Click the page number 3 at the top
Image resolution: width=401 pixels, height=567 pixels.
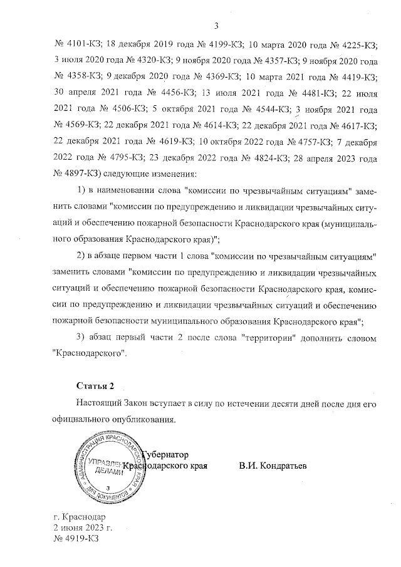point(216,26)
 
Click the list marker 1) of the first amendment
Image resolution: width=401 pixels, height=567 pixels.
point(80,190)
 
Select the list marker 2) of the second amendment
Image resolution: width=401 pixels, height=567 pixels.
point(80,257)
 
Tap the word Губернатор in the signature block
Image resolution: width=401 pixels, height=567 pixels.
point(165,454)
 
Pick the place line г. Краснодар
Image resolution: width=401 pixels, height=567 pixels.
point(80,517)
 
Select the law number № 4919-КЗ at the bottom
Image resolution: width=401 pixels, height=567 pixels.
point(76,538)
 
